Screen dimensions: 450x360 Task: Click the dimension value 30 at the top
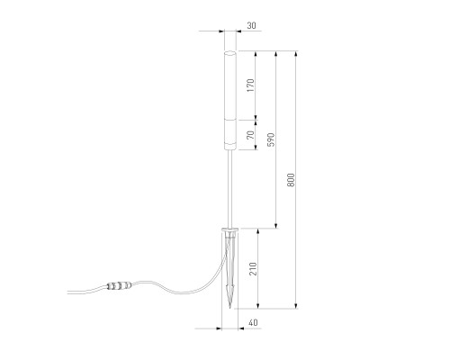[x=251, y=26]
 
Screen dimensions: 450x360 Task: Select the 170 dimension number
[x=251, y=85]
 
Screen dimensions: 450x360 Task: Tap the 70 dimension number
[x=251, y=135]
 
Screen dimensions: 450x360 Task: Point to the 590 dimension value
[x=271, y=139]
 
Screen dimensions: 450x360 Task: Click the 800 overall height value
[x=291, y=180]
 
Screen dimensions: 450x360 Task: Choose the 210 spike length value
[x=253, y=269]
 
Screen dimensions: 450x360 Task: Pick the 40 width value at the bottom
[x=253, y=323]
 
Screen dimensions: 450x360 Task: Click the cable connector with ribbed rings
[x=120, y=285]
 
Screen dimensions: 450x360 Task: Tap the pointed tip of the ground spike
[x=229, y=308]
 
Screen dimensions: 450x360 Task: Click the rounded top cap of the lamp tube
[x=230, y=53]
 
